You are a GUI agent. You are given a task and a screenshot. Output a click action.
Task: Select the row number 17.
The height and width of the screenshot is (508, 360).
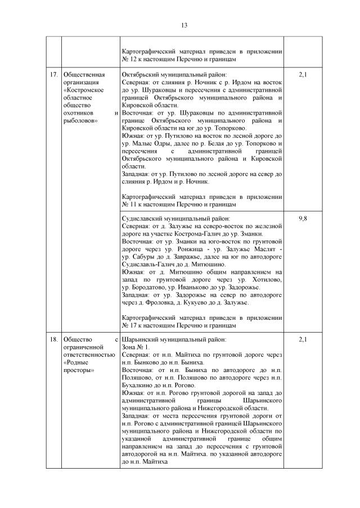(53, 75)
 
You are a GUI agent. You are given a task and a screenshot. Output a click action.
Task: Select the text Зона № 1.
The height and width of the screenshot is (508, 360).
(136, 347)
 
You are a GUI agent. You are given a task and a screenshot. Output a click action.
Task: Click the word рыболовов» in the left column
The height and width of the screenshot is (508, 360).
(82, 120)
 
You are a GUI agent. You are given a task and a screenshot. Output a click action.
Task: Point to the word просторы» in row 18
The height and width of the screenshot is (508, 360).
(79, 370)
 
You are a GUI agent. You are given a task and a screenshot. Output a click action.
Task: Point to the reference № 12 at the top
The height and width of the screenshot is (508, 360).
(129, 59)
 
